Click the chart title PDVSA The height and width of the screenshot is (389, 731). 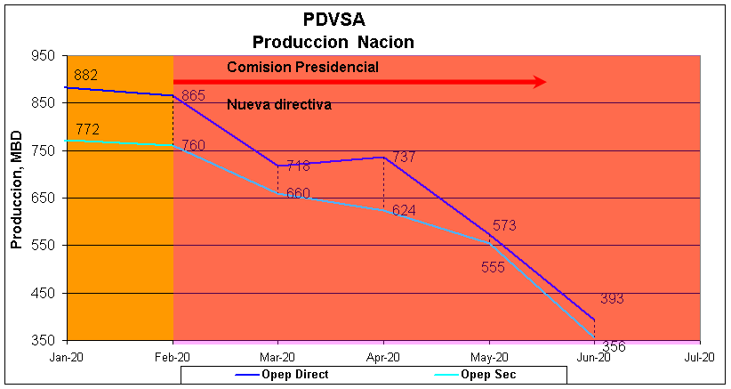(333, 20)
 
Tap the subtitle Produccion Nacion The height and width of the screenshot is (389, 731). (333, 42)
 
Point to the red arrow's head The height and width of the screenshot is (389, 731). (539, 82)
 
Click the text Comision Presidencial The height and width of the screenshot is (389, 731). (303, 67)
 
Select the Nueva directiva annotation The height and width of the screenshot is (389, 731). (279, 104)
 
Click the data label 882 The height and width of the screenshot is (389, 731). (86, 75)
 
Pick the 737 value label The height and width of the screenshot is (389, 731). (404, 157)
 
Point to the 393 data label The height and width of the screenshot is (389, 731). (612, 299)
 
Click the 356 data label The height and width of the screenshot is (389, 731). (614, 346)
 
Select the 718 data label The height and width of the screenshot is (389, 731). (298, 166)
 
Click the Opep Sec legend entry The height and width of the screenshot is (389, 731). (486, 374)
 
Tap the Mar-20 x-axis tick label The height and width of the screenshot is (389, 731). (278, 357)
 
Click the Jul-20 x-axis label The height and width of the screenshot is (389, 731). (700, 357)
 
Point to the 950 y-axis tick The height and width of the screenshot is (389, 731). (44, 55)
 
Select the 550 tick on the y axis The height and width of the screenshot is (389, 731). (44, 246)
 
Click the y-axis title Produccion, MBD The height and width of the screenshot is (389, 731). (15, 198)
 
